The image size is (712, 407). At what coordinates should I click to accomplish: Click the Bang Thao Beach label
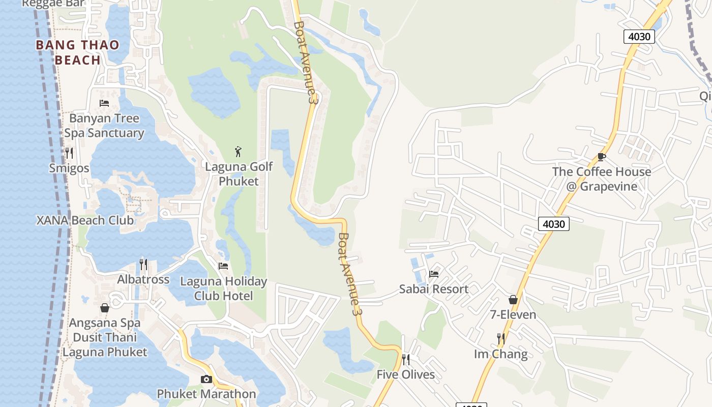(x=77, y=52)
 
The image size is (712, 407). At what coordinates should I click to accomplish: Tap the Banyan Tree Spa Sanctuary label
(x=104, y=126)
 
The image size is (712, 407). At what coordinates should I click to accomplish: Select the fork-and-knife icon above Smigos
(x=69, y=153)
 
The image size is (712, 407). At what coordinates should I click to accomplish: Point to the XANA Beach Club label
(x=85, y=220)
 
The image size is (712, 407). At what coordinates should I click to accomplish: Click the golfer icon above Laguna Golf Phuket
(x=238, y=151)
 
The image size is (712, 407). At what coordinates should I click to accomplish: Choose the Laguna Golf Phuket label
(x=239, y=174)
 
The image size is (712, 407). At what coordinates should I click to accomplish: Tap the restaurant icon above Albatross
(x=143, y=265)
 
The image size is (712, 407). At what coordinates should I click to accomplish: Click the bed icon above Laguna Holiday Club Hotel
(x=223, y=266)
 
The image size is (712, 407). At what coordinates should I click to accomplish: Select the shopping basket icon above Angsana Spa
(x=105, y=308)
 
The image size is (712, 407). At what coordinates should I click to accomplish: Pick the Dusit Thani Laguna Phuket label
(x=105, y=344)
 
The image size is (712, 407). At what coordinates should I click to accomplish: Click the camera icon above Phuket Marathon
(x=206, y=379)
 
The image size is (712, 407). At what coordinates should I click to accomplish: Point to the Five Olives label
(x=405, y=375)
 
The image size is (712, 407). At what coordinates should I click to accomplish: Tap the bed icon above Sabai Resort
(x=434, y=274)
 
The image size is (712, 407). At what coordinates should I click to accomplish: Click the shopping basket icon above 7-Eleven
(x=513, y=300)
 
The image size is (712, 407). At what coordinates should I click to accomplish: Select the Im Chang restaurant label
(x=500, y=354)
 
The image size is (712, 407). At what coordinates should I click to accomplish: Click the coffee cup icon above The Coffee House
(x=602, y=157)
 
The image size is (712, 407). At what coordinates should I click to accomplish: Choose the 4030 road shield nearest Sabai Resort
(x=553, y=223)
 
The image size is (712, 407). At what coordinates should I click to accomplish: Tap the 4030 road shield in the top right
(x=639, y=37)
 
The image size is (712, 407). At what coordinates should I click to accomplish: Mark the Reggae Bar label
(x=53, y=4)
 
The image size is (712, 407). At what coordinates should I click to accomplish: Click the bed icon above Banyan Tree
(x=104, y=103)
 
